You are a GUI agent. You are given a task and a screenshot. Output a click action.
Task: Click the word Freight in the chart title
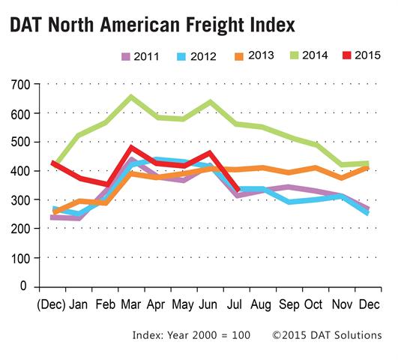[215, 25]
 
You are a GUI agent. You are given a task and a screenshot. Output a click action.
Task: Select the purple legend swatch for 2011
[126, 56]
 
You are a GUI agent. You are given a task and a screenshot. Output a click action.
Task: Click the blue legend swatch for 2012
[181, 57]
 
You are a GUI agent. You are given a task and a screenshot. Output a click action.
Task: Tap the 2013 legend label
[261, 55]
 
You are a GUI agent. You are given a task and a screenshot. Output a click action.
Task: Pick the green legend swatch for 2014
[294, 55]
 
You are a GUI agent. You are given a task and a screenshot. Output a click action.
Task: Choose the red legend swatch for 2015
[347, 55]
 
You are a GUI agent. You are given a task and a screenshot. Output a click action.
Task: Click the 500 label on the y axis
[20, 142]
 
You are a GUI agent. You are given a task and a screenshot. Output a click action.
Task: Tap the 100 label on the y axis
[20, 258]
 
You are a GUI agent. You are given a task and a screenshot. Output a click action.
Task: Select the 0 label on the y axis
[23, 286]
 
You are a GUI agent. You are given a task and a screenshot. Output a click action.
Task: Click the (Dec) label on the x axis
[51, 304]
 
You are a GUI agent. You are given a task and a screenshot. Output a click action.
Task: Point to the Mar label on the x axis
[131, 304]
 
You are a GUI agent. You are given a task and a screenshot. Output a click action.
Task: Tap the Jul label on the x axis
[235, 304]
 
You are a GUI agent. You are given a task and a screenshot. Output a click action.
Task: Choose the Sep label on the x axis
[289, 304]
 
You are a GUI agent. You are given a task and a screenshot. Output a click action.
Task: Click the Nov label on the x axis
[342, 304]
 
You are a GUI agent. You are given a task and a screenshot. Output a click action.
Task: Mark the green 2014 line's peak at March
[131, 97]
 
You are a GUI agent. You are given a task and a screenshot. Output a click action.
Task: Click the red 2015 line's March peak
[131, 147]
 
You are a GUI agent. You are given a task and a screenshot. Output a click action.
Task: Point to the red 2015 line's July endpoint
[238, 190]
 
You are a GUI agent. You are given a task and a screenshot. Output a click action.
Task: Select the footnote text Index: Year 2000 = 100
[191, 335]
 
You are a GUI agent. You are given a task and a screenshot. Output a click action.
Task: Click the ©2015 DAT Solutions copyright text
[327, 335]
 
